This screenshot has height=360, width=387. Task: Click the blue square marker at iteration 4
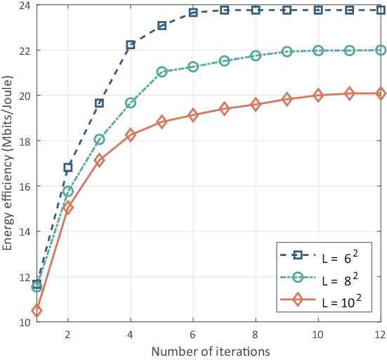coord(131,45)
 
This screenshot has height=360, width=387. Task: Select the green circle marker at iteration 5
coord(162,72)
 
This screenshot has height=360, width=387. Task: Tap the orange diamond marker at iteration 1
coord(37,311)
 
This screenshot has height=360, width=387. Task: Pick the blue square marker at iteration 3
coord(99,103)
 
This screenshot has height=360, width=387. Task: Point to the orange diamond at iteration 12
coord(381,94)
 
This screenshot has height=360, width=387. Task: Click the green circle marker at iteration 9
coord(287,51)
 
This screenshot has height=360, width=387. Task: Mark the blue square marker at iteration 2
coord(68,167)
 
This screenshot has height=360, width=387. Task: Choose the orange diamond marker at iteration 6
coord(192,115)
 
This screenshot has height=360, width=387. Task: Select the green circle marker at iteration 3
coord(99,140)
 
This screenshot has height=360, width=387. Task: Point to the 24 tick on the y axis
coord(25,6)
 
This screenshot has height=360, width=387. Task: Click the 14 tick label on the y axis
coord(25,232)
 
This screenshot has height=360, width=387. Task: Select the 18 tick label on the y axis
coord(25,141)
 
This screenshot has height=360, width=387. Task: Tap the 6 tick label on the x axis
coord(192,335)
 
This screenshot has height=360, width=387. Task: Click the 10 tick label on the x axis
coord(317,335)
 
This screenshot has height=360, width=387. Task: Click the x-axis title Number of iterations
coord(211,352)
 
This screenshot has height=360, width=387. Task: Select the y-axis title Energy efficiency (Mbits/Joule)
coord(7,163)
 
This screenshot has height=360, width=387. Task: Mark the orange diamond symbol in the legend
coord(298,300)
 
